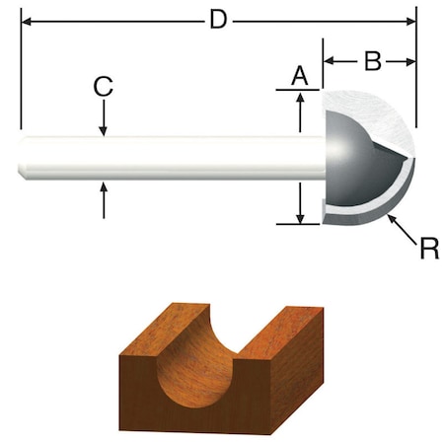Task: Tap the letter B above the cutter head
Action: coord(372,61)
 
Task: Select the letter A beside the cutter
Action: coord(301,74)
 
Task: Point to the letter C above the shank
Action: coord(103,86)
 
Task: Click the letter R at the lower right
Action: coord(428,247)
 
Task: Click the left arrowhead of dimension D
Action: coord(25,19)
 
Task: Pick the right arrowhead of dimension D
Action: coord(411,19)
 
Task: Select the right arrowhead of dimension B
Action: coord(411,61)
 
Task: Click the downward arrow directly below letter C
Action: coord(103,129)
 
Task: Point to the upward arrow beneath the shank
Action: coord(103,187)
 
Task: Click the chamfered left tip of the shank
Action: coord(22,158)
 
